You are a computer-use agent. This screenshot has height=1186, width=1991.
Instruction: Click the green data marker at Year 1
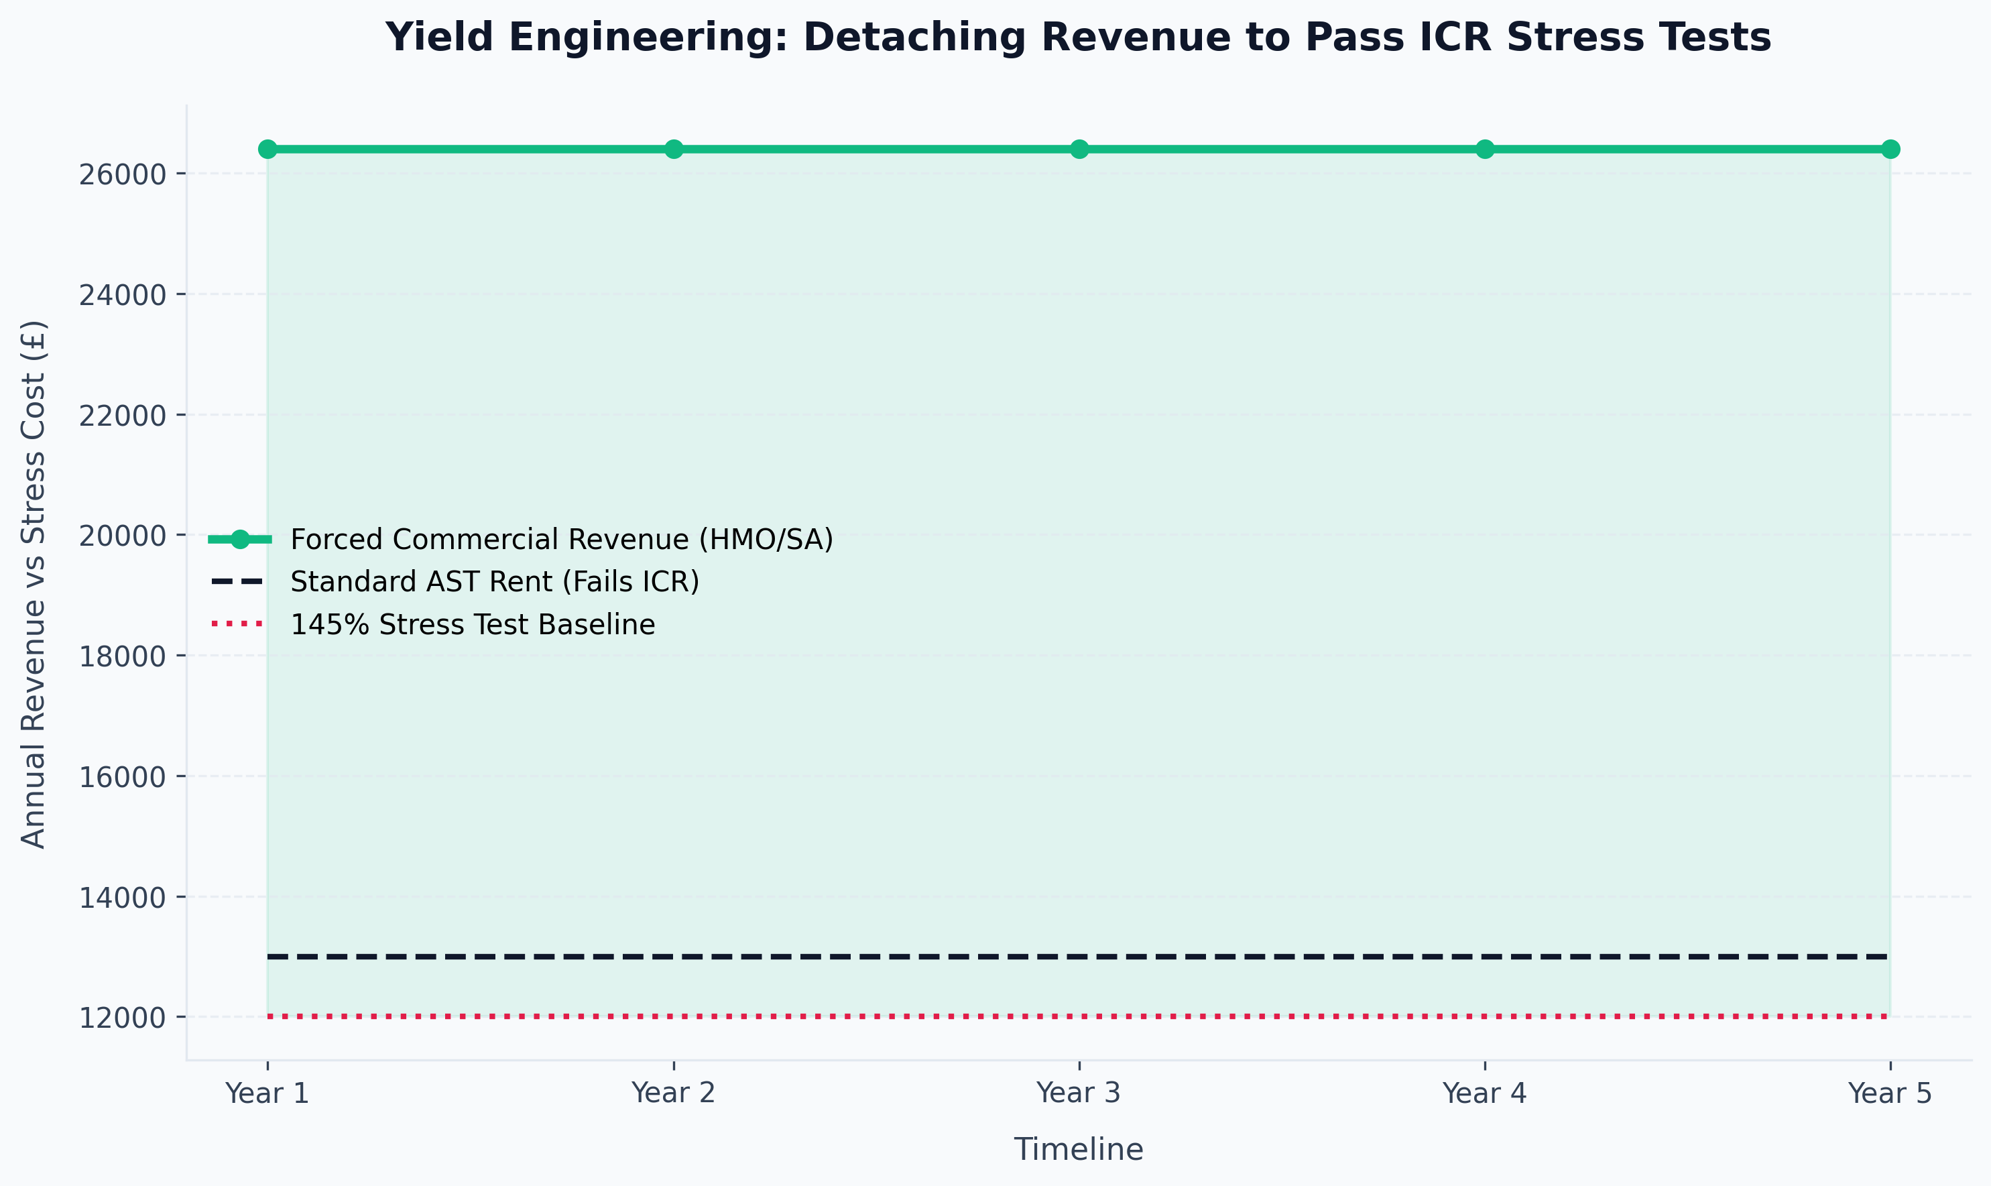[267, 150]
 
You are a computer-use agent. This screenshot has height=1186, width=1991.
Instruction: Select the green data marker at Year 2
[674, 150]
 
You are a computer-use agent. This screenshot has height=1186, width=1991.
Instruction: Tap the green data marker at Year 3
[1079, 150]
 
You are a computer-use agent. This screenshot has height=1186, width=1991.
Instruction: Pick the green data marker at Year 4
[1484, 150]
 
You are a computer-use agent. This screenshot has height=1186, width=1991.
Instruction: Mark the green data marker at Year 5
[1890, 150]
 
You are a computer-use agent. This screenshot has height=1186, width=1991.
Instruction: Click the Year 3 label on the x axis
[1079, 1093]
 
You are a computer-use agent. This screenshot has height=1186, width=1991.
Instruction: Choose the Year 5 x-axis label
[1890, 1093]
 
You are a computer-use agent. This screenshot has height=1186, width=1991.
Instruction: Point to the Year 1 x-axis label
[267, 1093]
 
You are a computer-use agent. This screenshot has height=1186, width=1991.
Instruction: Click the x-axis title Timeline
[1079, 1149]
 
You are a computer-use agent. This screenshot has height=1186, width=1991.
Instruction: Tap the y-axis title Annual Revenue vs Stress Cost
[34, 583]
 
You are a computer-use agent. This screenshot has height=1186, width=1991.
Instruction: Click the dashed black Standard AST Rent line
[1079, 957]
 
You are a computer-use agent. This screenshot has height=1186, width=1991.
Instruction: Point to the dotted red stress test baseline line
[1079, 1016]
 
